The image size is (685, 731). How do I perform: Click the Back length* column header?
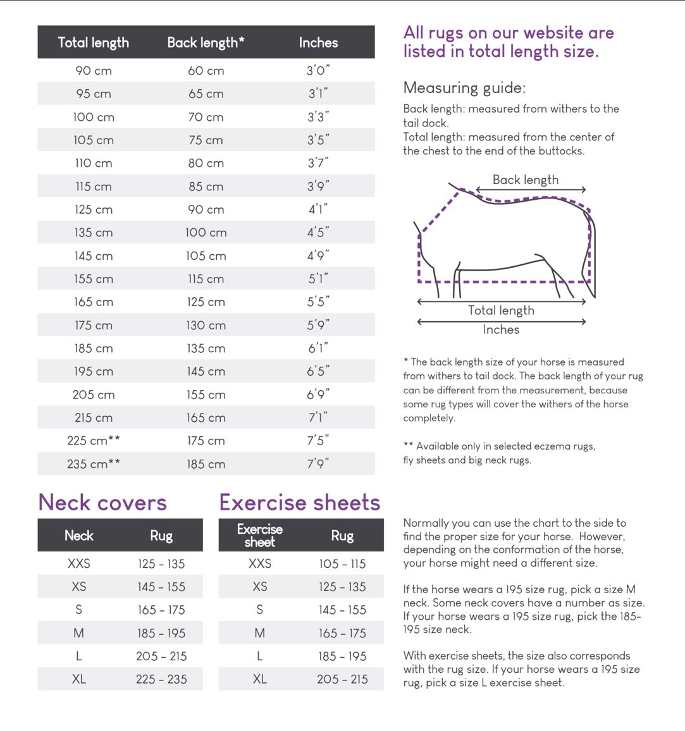point(206,42)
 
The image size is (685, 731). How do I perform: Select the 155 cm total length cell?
point(94,279)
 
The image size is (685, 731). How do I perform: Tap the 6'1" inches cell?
point(318,348)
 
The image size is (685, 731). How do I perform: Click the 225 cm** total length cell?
point(94,441)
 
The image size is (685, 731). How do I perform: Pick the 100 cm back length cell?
point(206,233)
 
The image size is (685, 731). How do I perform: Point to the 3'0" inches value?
point(318,71)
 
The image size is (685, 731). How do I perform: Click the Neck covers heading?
point(102,503)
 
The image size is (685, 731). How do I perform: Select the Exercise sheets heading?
point(300,503)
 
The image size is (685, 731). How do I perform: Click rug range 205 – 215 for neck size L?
point(161,656)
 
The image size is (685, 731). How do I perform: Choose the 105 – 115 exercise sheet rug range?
point(342,563)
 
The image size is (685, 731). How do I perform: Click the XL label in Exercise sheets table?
point(259,679)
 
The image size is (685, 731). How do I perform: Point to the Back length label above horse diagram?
point(526,180)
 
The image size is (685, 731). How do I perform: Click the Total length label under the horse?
point(501,310)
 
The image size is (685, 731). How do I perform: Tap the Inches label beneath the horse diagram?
point(501,329)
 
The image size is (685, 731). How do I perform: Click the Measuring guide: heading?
point(464,88)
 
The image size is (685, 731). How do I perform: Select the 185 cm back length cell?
point(206,464)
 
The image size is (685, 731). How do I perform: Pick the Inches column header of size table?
point(318,42)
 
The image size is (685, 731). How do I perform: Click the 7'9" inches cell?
point(318,464)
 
